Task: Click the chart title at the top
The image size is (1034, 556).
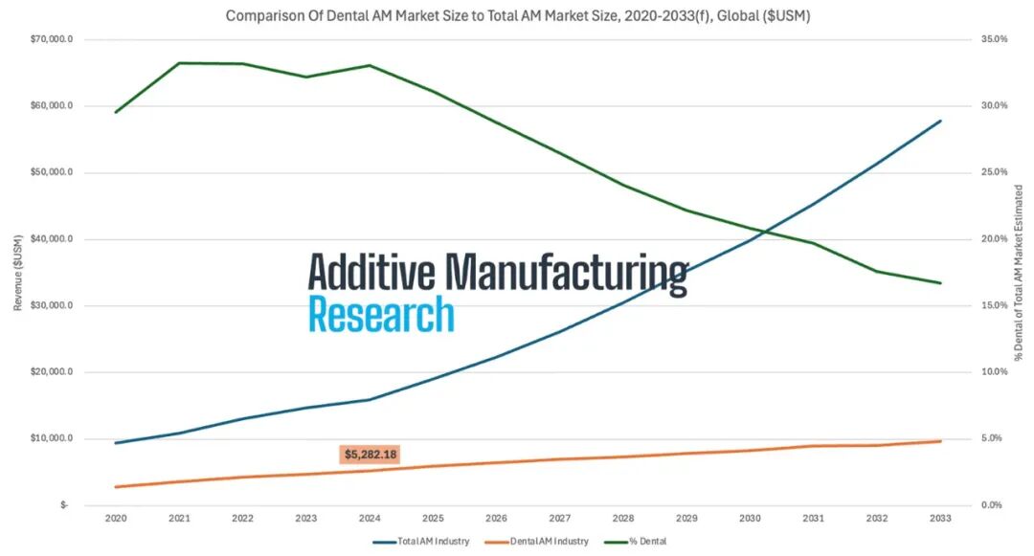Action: [517, 16]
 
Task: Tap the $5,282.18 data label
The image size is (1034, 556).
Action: [370, 455]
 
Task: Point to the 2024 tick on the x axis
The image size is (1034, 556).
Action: [370, 519]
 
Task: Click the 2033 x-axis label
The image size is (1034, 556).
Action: [941, 519]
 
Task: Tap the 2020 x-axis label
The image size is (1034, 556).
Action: [116, 519]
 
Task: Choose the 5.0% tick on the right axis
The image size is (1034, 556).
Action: [994, 438]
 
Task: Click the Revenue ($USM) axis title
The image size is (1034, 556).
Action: [17, 272]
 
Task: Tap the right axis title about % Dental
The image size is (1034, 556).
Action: [1018, 272]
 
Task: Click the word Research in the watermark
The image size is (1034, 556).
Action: [380, 314]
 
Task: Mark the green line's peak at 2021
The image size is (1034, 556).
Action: [179, 63]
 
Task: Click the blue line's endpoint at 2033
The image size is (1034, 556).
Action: [941, 121]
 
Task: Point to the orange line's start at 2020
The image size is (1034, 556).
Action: [116, 487]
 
